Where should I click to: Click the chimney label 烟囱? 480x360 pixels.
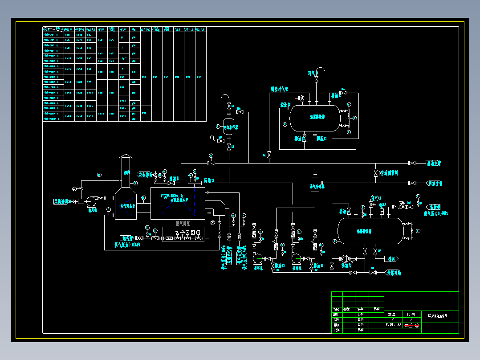coord(127,172)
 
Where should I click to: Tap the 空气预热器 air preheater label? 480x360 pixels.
coord(128,206)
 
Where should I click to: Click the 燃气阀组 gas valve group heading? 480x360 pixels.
coord(183,224)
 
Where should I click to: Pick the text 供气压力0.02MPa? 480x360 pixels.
coord(128,245)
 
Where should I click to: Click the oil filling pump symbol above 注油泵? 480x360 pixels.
coord(345,258)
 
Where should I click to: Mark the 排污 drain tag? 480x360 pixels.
coord(392,258)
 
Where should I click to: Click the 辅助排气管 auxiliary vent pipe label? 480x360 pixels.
coord(280,89)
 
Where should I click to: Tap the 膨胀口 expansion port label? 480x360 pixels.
coord(322,139)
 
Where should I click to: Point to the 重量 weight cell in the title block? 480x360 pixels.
coord(391,314)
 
